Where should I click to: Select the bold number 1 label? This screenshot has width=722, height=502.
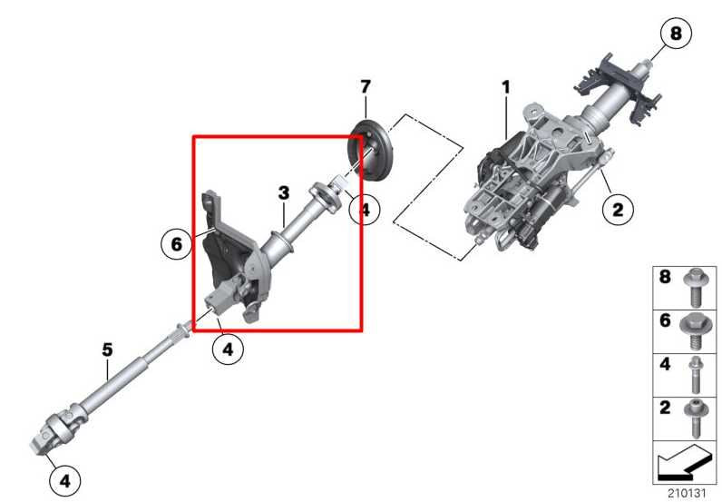pos(506,87)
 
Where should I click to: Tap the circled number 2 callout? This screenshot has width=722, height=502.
pos(618,211)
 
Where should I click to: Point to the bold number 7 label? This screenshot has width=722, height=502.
pos(365,87)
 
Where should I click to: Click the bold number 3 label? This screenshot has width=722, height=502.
pos(284,192)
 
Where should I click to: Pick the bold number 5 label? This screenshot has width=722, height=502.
pos(107,349)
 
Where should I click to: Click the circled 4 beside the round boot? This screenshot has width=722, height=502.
pos(364,209)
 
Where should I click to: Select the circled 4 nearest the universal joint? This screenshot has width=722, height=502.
pos(63,480)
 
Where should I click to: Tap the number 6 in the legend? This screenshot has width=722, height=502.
pos(665,320)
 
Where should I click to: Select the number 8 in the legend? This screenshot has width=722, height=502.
pos(665,277)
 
